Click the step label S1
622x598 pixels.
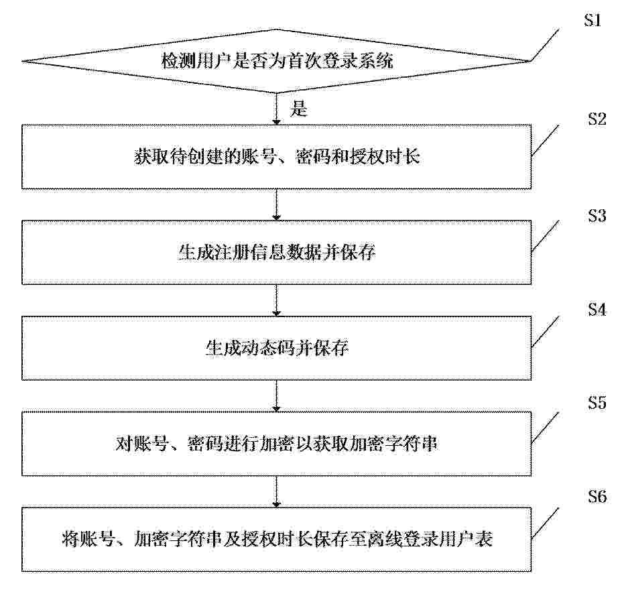pos(593,20)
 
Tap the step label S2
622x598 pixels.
pos(597,119)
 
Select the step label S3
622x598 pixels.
pos(597,215)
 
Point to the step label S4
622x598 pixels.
pos(597,310)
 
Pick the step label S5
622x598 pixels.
pos(597,403)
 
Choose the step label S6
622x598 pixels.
pos(597,496)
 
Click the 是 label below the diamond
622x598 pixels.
pos(299,109)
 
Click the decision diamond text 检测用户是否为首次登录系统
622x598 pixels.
pos(277,61)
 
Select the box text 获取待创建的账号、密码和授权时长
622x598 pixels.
pos(277,157)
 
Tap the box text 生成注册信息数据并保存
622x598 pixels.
pos(277,252)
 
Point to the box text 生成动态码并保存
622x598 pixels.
pos(277,348)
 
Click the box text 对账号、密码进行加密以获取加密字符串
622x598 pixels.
pos(277,444)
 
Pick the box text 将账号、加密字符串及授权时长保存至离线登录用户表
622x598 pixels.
pos(277,539)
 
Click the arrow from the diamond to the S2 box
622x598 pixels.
pos(277,109)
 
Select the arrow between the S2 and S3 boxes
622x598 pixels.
pos(277,204)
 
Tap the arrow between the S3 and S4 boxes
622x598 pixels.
pos(277,300)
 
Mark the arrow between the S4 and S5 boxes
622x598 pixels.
pos(277,396)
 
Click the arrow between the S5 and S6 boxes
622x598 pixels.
pos(277,491)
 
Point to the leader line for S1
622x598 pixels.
pos(545,45)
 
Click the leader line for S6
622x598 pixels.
pos(545,523)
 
